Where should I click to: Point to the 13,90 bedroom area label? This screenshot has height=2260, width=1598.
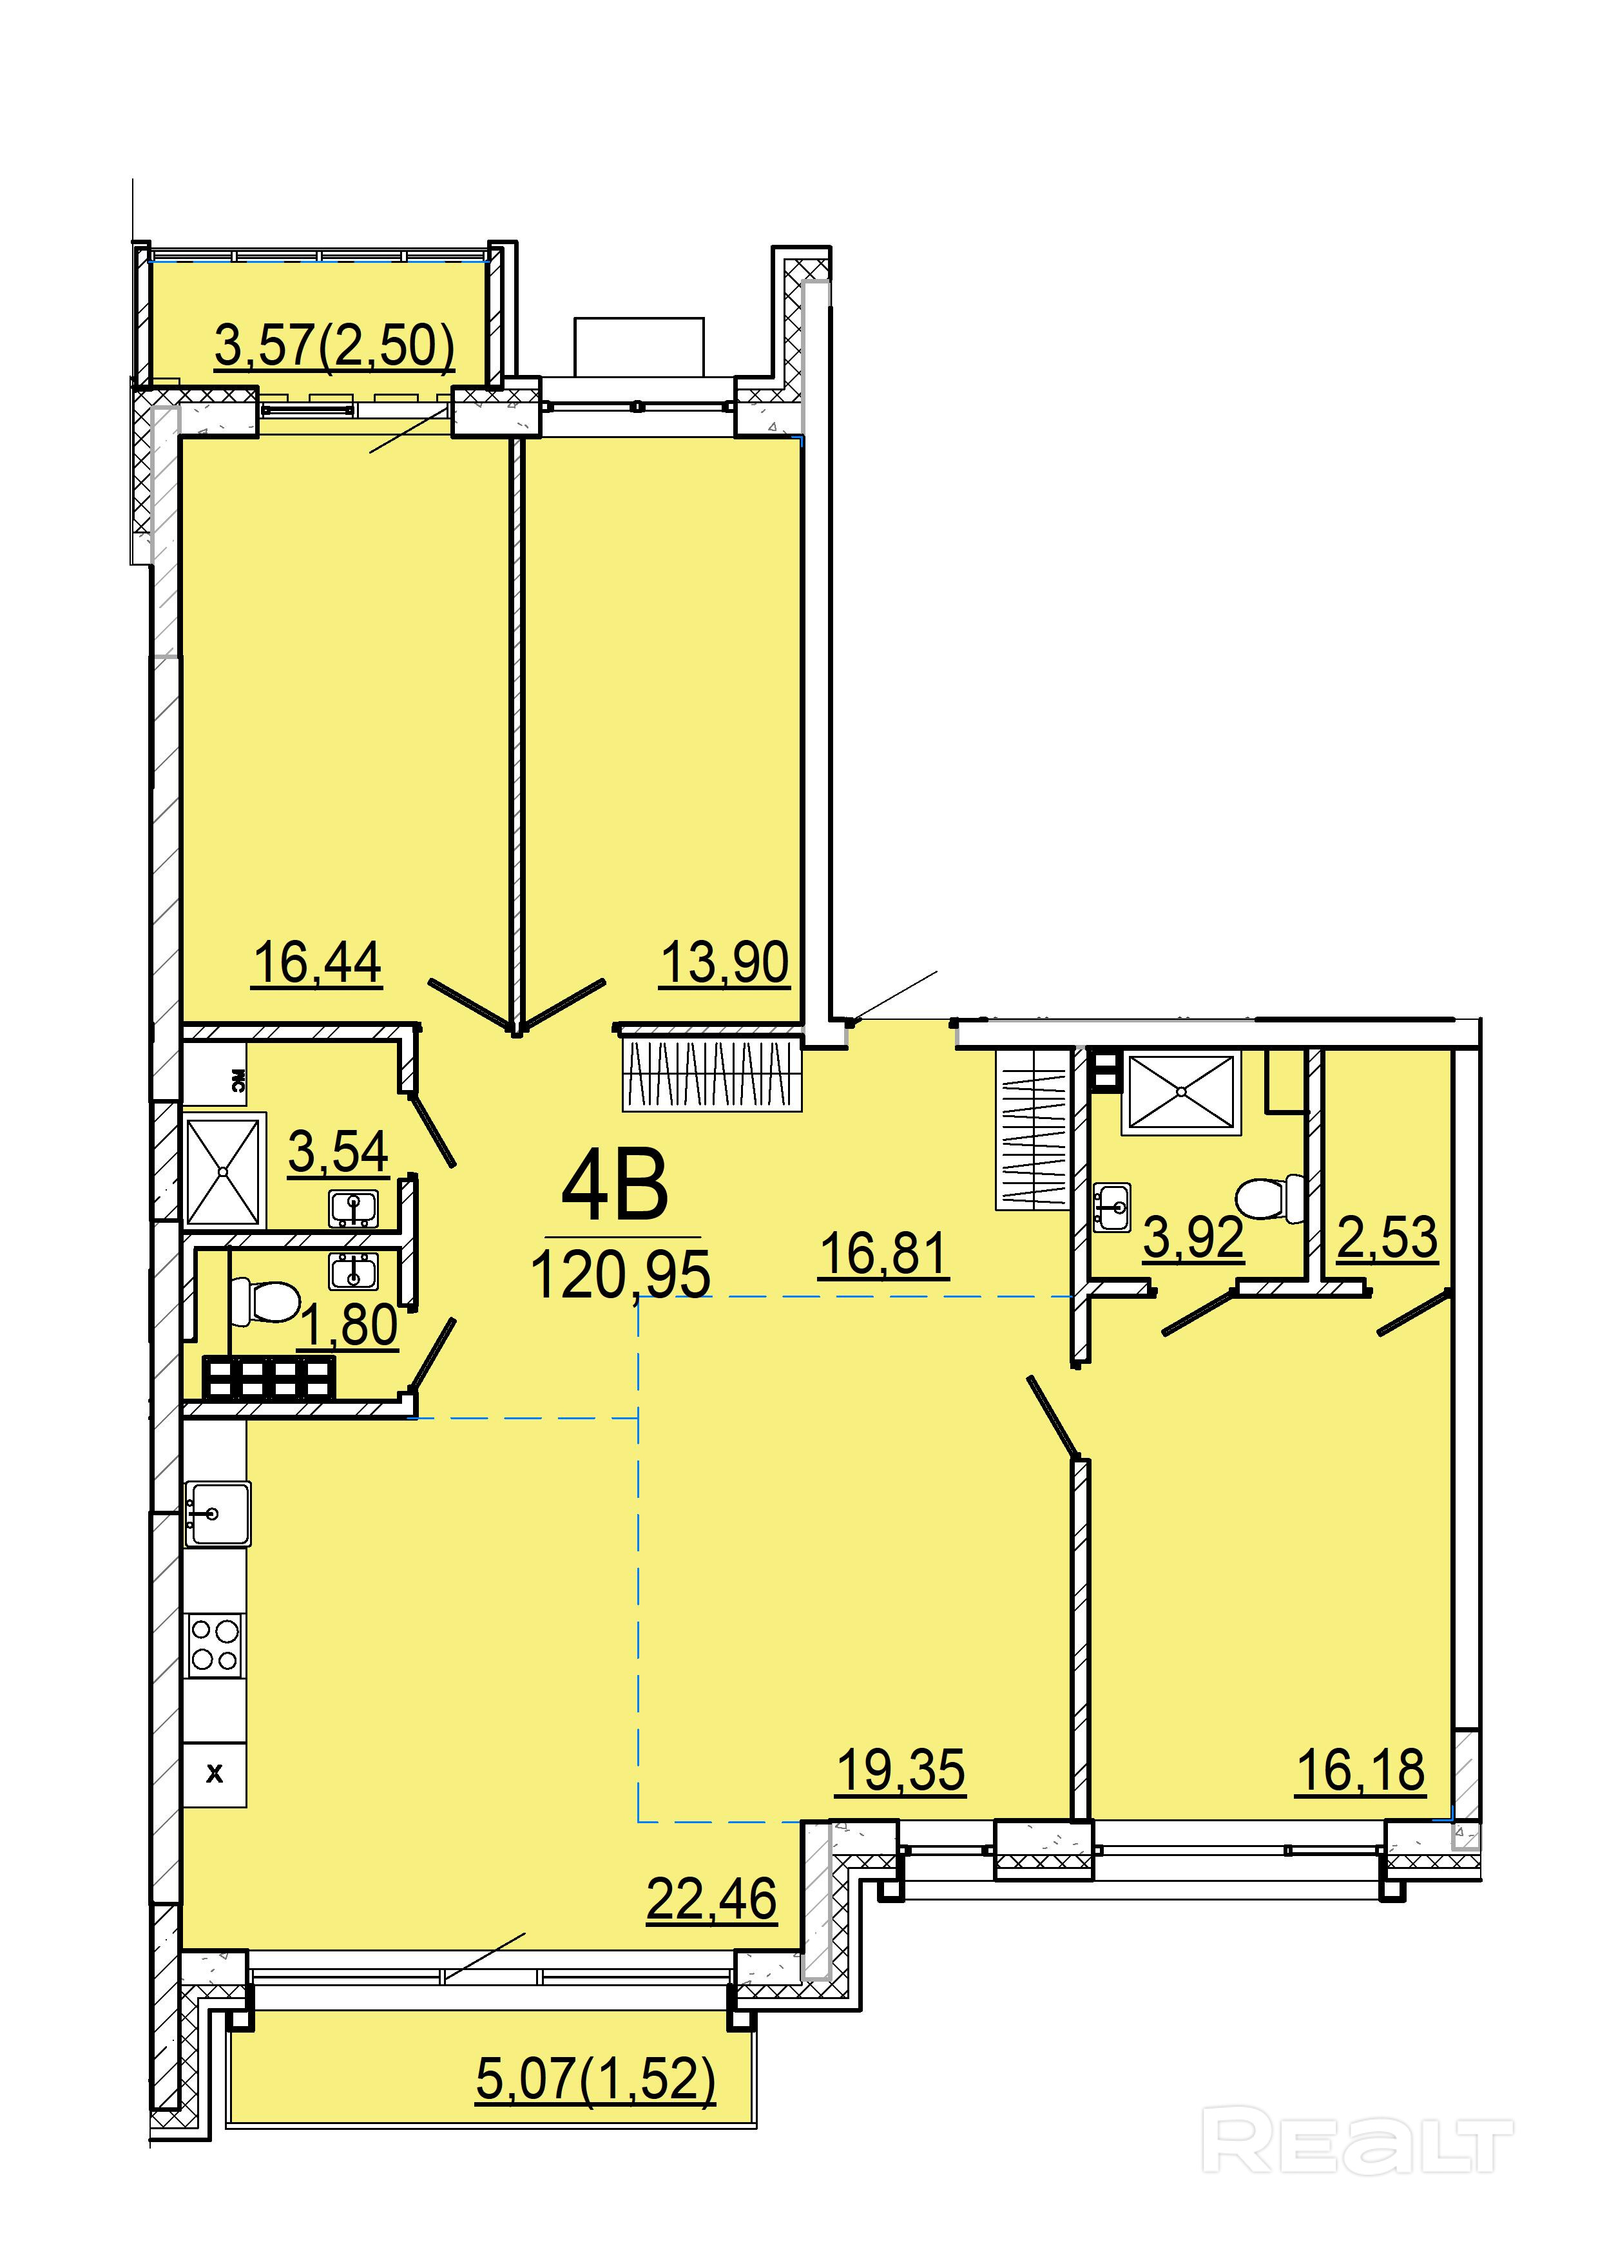tap(725, 962)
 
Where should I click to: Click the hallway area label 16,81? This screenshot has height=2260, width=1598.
tap(883, 1254)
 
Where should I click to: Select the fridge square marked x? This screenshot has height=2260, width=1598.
tap(215, 1774)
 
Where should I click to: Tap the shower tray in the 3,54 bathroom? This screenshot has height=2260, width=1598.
tap(224, 1171)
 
